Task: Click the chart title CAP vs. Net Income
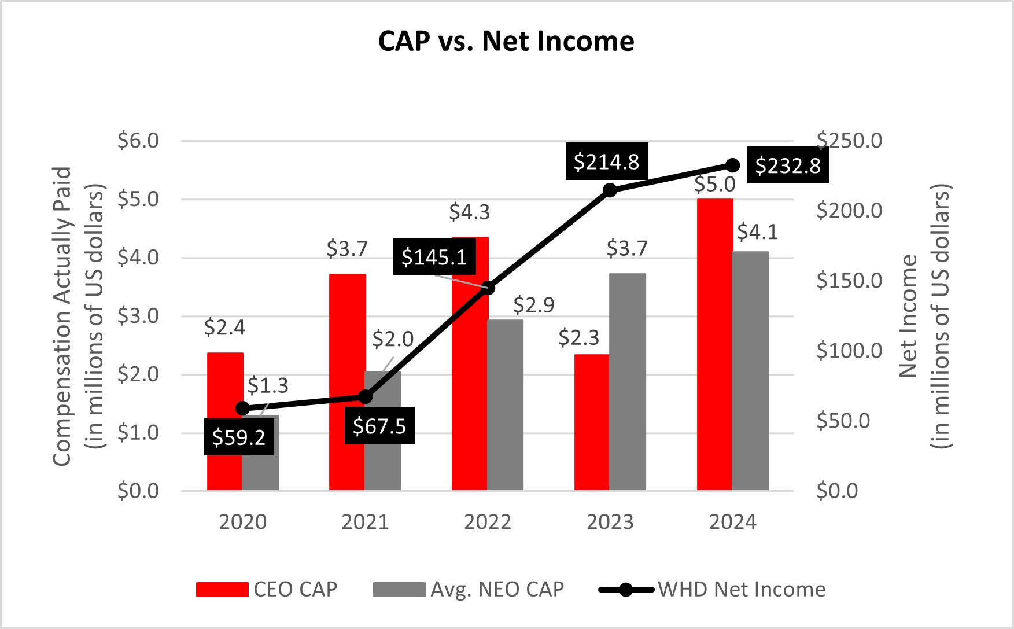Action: point(506,41)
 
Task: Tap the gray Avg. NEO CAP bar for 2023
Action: point(628,382)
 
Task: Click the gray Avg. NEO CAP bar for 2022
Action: point(505,405)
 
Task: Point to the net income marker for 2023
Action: point(610,190)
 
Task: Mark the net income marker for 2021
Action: point(365,396)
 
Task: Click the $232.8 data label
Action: point(788,165)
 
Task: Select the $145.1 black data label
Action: point(434,256)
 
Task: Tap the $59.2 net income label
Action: point(239,437)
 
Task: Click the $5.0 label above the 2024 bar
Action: point(714,185)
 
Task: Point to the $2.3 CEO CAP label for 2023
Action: point(578,337)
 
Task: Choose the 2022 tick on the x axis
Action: point(488,522)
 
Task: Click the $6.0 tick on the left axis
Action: point(138,141)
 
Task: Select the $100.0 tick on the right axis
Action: point(849,351)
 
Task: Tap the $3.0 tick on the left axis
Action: point(138,316)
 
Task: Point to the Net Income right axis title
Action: point(924,316)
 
